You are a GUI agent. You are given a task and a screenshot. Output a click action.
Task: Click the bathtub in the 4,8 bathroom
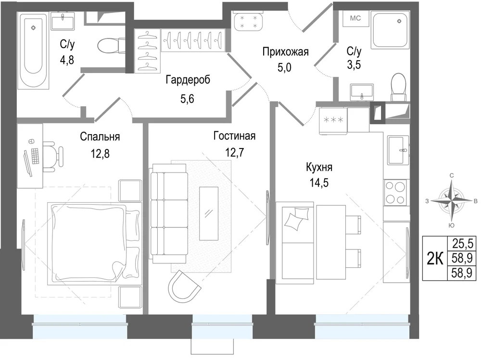point(33,50)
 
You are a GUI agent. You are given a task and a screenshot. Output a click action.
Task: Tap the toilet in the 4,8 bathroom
point(111,46)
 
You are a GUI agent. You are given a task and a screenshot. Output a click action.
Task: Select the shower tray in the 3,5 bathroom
point(390,30)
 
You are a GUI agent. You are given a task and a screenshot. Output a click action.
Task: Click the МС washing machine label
point(355,18)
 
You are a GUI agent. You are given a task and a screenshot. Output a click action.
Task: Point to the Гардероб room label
point(188,80)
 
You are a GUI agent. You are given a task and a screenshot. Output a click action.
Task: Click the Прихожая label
point(285,52)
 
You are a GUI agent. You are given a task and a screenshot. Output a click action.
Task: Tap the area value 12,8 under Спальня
point(100,153)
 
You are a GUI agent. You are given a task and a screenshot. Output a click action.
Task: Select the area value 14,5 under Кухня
point(319,183)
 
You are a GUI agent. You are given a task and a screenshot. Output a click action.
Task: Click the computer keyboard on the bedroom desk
point(35,156)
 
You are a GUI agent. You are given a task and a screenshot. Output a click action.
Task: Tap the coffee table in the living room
point(209,213)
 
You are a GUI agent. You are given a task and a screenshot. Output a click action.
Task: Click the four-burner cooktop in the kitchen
point(395,193)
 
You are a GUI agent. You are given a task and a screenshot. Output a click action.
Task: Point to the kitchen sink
point(398,150)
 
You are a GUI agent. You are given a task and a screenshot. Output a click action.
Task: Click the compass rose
point(451,201)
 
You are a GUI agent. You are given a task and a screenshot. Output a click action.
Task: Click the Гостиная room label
point(234,136)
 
